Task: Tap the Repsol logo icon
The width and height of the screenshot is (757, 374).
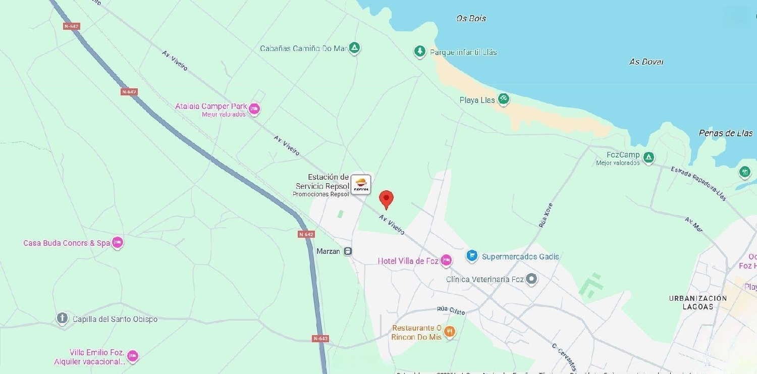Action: coord(361,184)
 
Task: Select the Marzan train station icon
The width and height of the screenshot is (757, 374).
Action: coord(348,251)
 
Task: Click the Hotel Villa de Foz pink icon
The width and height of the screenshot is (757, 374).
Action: coord(446,260)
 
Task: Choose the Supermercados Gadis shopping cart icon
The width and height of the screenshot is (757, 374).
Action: coord(472,256)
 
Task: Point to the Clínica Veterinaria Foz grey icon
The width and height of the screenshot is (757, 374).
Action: coord(531,279)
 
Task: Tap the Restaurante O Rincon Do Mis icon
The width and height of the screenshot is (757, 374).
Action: coord(450,332)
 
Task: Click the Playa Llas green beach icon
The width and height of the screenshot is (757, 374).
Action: coord(503,99)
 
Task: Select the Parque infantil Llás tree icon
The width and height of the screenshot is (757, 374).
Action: coord(419,51)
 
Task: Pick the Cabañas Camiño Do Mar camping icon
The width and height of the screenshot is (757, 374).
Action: coord(355,48)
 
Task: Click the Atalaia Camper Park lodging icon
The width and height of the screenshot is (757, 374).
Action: coord(254,109)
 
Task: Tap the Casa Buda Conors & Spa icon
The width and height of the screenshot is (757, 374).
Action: coord(117,243)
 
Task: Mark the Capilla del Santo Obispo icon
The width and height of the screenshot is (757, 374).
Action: coord(62,318)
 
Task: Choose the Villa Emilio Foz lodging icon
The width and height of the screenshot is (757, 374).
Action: coord(132,356)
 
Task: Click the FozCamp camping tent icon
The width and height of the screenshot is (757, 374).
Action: coord(648,157)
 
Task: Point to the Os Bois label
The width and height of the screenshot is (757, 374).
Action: coord(471,18)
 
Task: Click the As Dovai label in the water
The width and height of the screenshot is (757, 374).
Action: coord(646,62)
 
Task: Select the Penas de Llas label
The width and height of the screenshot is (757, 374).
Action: coord(725,133)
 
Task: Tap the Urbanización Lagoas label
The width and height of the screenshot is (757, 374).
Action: coord(698,302)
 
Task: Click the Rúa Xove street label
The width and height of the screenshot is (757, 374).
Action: coord(546,215)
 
